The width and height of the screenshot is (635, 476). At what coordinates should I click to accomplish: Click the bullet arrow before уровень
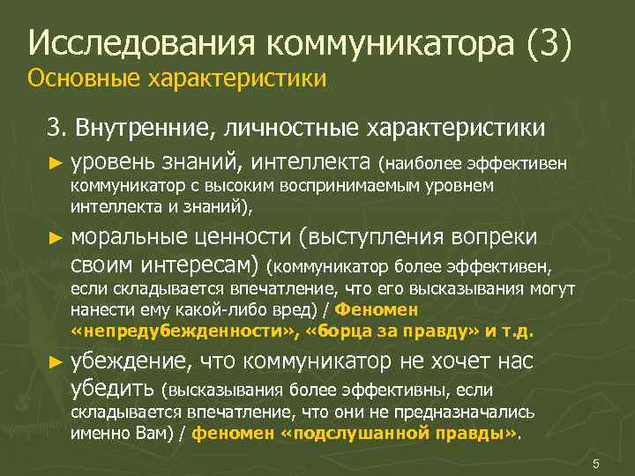pyautogui.click(x=56, y=163)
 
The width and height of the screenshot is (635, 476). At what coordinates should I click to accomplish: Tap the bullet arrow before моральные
pyautogui.click(x=56, y=237)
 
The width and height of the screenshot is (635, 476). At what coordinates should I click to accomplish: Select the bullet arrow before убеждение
pyautogui.click(x=56, y=361)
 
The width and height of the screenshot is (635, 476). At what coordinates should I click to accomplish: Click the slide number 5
pyautogui.click(x=596, y=464)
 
